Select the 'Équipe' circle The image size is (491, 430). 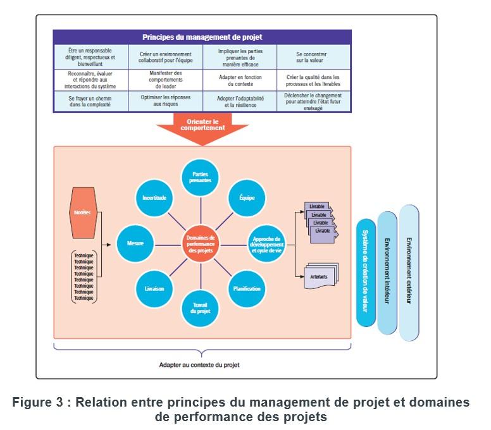pyautogui.click(x=247, y=198)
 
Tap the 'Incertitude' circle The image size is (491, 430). pyautogui.click(x=155, y=198)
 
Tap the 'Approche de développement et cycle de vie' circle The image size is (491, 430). pyautogui.click(x=266, y=242)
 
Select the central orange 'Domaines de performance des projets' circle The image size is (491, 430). pyautogui.click(x=202, y=242)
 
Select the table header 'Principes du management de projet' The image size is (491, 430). pyautogui.click(x=202, y=37)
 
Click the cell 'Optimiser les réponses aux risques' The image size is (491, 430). pyautogui.click(x=165, y=101)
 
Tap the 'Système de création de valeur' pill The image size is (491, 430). pyautogui.click(x=366, y=273)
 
